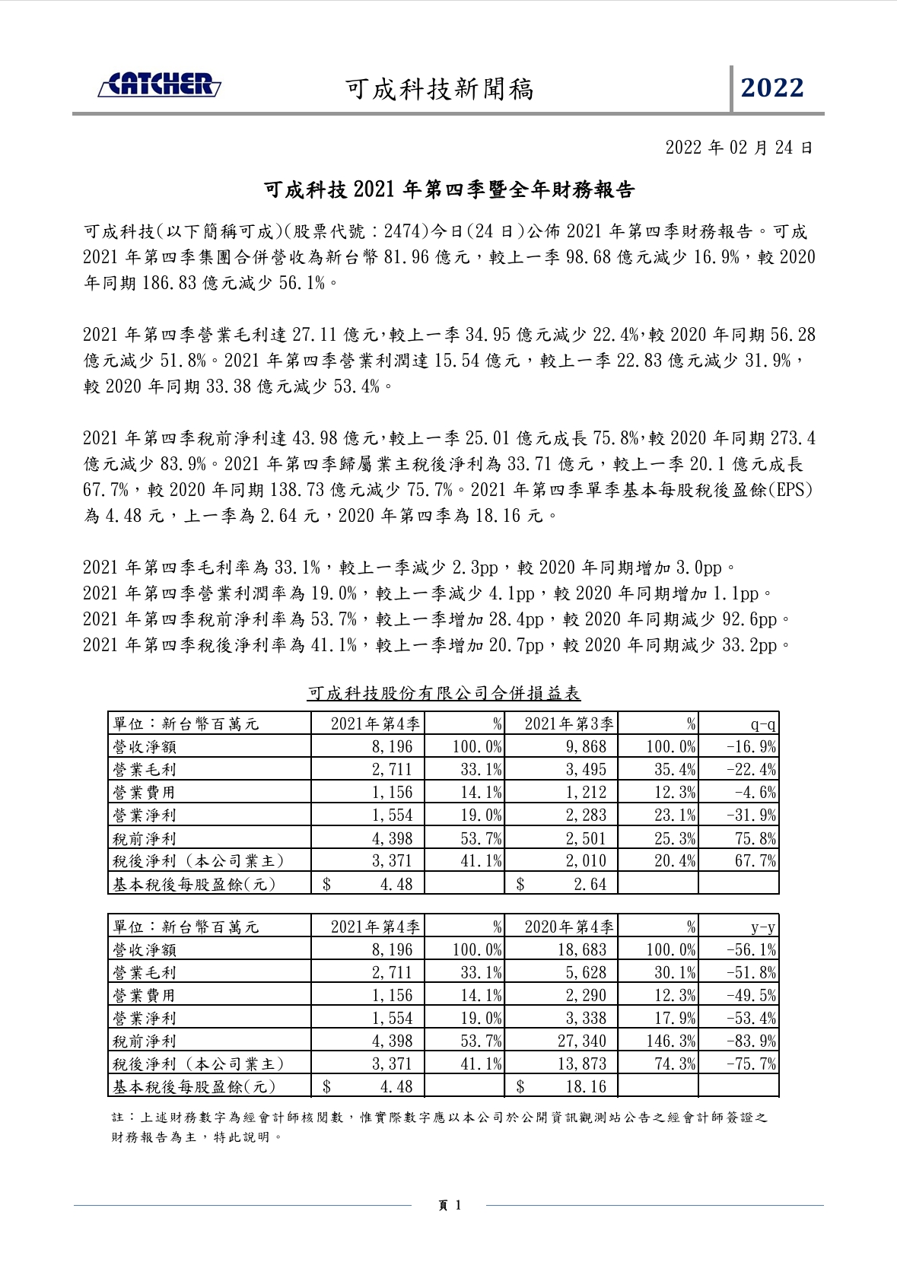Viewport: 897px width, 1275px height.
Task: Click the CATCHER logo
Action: click(x=160, y=85)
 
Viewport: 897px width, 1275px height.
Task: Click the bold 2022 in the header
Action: click(x=772, y=88)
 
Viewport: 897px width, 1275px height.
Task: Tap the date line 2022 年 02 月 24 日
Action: click(x=739, y=148)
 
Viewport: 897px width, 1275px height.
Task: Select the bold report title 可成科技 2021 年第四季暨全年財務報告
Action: click(x=448, y=190)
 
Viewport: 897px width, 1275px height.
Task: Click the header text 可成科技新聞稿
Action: click(x=440, y=89)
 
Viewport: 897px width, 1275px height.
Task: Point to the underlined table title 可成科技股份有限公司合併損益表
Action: click(x=444, y=693)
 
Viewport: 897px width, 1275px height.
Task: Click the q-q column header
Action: click(x=762, y=724)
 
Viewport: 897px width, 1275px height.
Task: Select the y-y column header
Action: click(x=762, y=927)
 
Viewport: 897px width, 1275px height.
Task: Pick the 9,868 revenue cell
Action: click(x=586, y=747)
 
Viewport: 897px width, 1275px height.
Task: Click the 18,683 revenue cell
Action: click(x=582, y=950)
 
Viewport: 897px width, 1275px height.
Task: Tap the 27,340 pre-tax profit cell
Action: click(x=582, y=1041)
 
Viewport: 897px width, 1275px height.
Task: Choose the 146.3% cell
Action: click(x=670, y=1041)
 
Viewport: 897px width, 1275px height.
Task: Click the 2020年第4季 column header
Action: click(x=568, y=927)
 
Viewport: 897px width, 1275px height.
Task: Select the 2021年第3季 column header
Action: click(x=568, y=724)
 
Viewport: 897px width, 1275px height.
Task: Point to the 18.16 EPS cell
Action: click(x=586, y=1086)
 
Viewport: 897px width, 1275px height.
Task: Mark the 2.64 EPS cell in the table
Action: click(x=590, y=884)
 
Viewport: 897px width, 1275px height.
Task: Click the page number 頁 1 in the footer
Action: click(x=450, y=1205)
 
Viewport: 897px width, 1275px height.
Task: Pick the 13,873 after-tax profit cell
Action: click(x=582, y=1064)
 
